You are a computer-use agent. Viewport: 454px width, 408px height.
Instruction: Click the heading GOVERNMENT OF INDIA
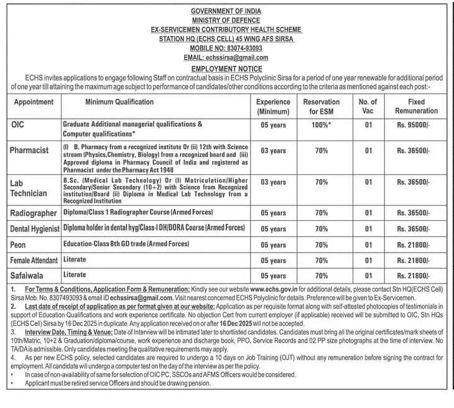tap(226, 11)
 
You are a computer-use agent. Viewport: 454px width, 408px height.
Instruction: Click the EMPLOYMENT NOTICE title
tap(226, 68)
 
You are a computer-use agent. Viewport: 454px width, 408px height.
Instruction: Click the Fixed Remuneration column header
tap(416, 106)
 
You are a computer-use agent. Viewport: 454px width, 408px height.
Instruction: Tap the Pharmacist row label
tap(29, 151)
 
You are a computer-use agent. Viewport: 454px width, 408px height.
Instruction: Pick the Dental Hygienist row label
tap(35, 229)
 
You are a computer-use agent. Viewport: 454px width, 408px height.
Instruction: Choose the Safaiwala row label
tap(28, 275)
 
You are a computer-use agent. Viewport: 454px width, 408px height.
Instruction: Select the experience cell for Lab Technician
tap(273, 182)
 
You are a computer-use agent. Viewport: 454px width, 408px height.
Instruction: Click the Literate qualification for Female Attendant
tap(75, 259)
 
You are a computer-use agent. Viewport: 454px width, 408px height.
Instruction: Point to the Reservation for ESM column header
tap(321, 106)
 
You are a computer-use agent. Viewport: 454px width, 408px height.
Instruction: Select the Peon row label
tap(19, 245)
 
